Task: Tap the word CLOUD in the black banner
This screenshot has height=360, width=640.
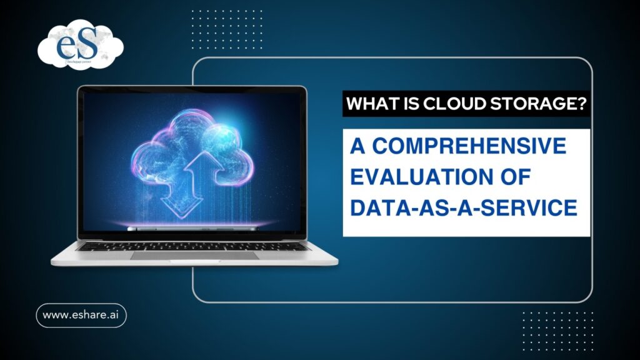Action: pyautogui.click(x=447, y=104)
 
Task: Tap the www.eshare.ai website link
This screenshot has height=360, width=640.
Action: pyautogui.click(x=81, y=316)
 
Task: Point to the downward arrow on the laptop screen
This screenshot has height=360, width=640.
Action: pyautogui.click(x=177, y=194)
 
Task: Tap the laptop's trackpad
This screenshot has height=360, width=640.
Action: pyautogui.click(x=194, y=256)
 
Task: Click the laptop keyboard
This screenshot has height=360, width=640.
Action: pyautogui.click(x=194, y=246)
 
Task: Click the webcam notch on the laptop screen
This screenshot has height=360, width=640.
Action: pyautogui.click(x=192, y=89)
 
